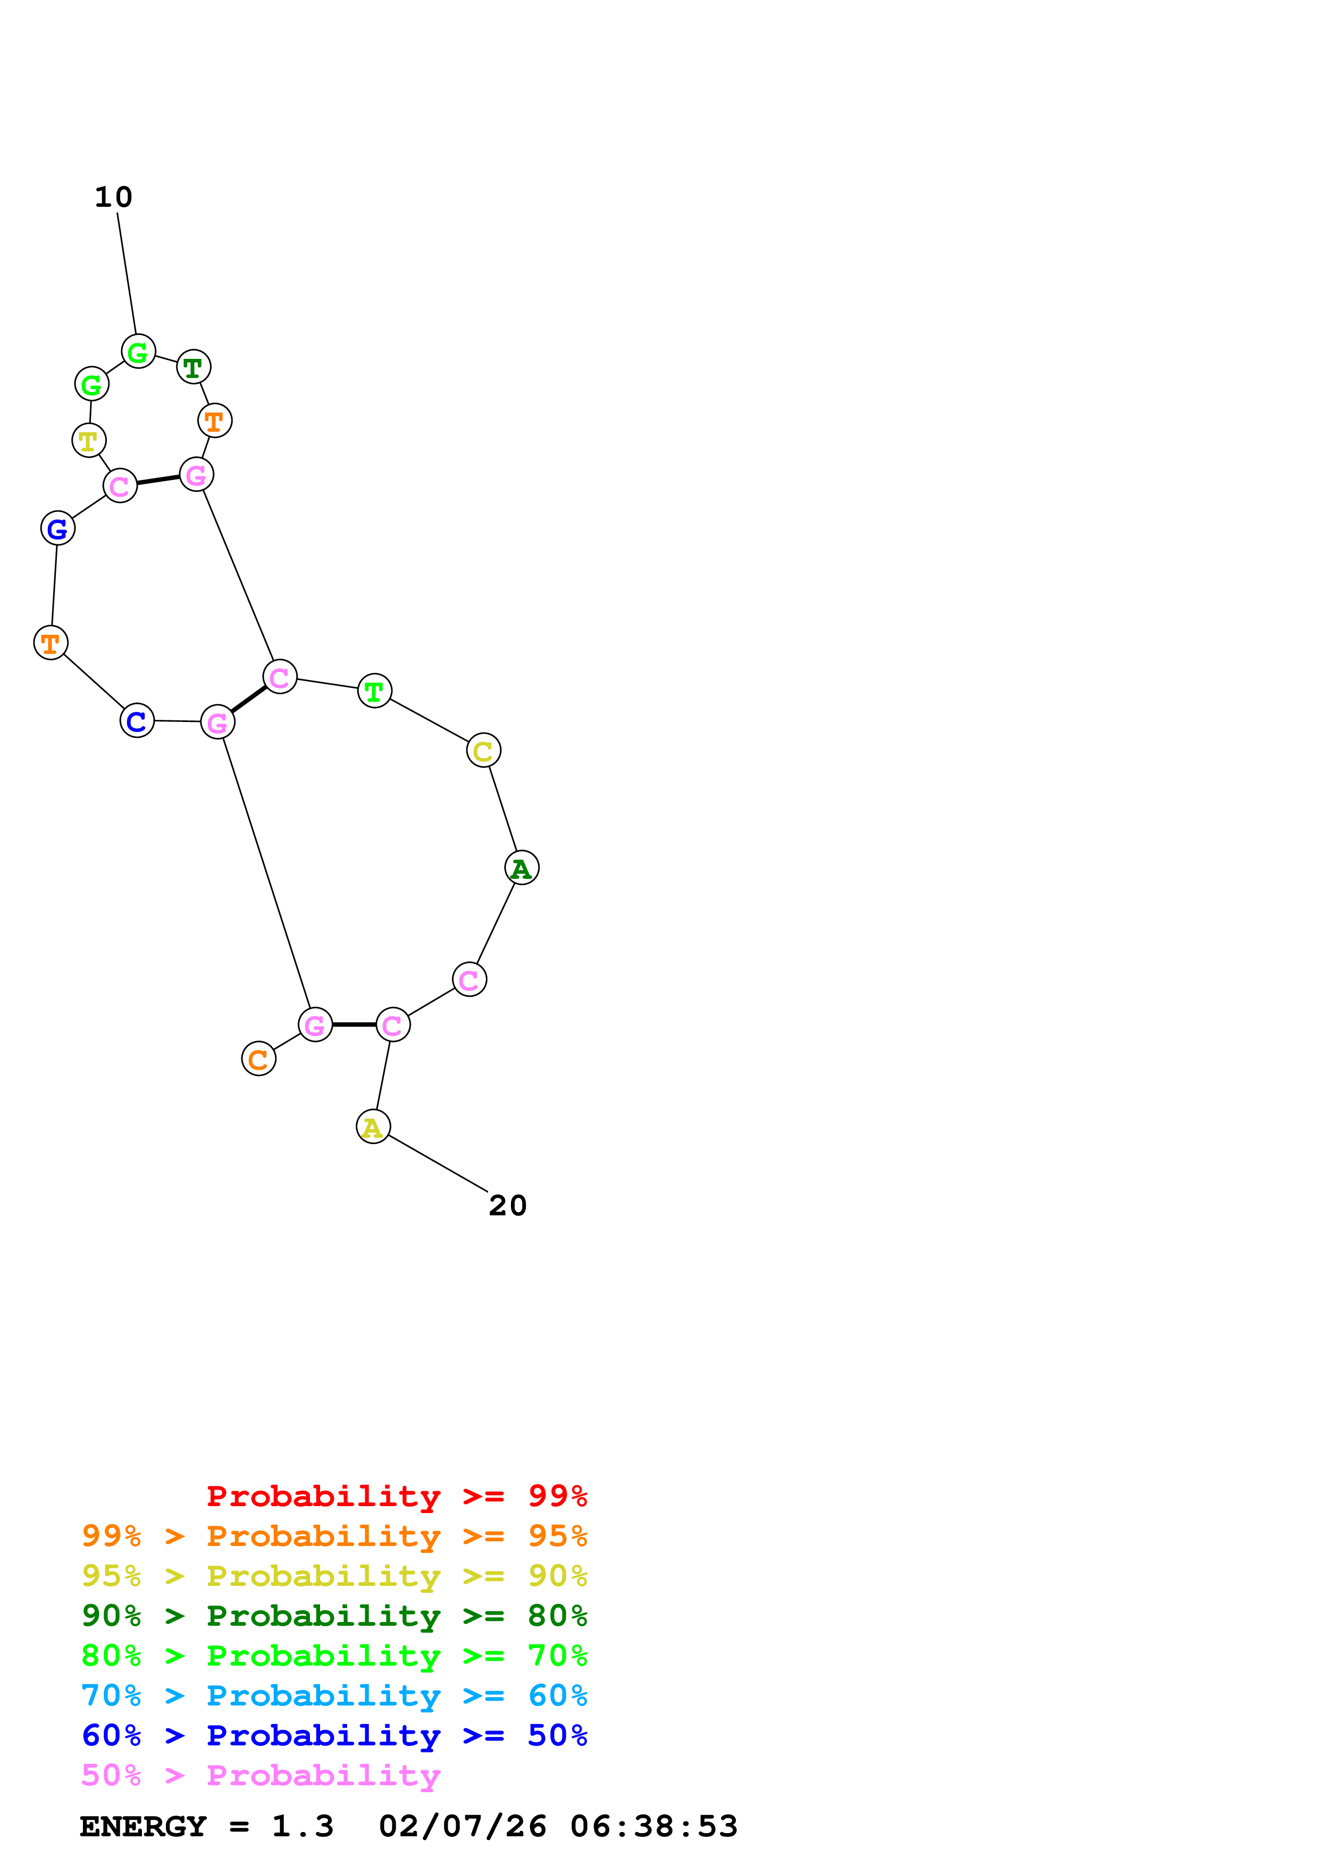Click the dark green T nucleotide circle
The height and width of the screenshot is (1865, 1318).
(194, 367)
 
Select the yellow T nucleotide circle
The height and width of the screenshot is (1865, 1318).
(88, 440)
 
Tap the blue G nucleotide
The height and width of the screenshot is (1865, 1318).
(57, 529)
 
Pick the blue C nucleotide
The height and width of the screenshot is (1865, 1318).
(137, 720)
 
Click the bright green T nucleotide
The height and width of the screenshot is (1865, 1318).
(374, 691)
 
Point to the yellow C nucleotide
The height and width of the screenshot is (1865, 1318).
(483, 751)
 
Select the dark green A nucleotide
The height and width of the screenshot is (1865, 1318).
(522, 868)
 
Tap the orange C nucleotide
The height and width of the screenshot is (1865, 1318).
(258, 1059)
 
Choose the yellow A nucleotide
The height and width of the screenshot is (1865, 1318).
(373, 1127)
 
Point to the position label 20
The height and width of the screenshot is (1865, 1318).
(508, 1205)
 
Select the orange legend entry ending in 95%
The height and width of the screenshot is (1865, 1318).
(334, 1535)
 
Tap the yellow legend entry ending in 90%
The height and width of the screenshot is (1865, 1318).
(334, 1575)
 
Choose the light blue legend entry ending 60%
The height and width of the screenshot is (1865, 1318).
(334, 1695)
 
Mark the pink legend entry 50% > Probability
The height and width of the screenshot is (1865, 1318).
(261, 1775)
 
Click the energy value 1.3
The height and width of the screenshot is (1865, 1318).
(302, 1826)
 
